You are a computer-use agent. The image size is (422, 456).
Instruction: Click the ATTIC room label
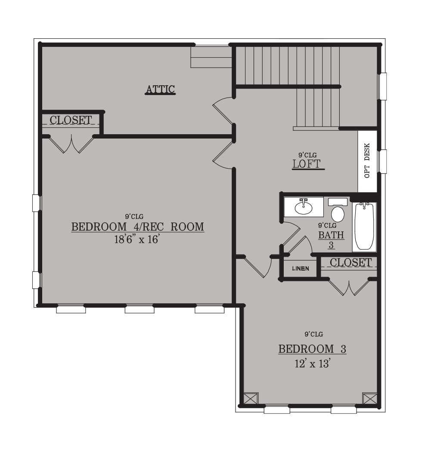point(160,89)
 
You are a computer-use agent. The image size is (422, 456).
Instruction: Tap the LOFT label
point(307,164)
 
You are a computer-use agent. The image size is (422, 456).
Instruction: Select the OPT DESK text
point(367,160)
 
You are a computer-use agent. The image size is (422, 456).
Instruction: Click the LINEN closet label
point(301,268)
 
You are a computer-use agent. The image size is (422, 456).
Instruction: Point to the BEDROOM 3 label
point(312,349)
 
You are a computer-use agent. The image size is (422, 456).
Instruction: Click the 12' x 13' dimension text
point(312,364)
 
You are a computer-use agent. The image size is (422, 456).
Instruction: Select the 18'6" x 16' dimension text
point(137,239)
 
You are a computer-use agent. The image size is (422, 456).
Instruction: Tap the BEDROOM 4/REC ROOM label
point(138,226)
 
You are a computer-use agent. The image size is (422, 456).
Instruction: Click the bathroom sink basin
point(304,207)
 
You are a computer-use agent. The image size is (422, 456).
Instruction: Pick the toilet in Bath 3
point(338,210)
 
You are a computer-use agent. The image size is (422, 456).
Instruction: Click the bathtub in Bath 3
point(364,226)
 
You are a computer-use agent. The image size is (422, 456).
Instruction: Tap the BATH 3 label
point(331,240)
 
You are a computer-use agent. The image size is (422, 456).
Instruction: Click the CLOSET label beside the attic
point(71,120)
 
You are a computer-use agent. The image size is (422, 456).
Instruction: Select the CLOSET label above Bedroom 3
point(351,262)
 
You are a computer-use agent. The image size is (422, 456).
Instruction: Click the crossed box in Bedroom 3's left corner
point(251,398)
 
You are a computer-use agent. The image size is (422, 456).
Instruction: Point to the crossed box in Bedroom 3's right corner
point(369,398)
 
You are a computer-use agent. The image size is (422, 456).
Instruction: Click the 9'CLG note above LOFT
point(307,155)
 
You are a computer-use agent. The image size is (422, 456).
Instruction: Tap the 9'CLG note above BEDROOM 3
point(314,334)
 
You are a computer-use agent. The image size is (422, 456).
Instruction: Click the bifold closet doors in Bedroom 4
point(71,144)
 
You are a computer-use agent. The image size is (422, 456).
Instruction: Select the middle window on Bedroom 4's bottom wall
point(140,309)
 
